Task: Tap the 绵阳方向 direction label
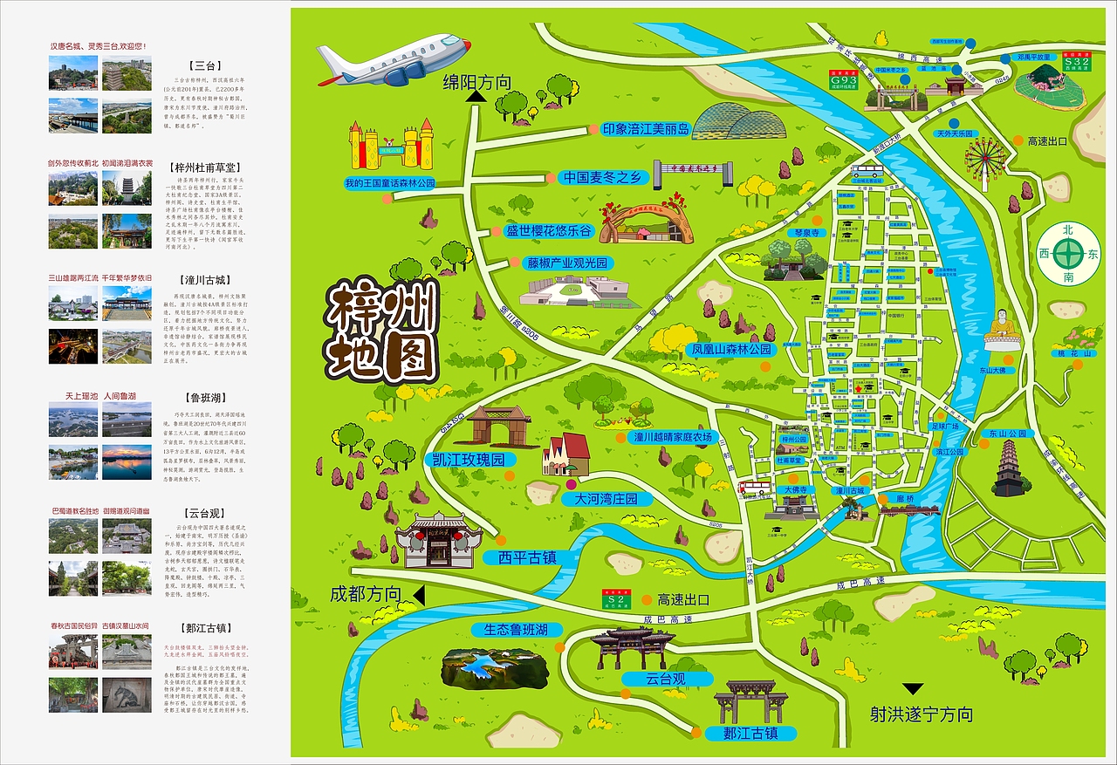click(476, 82)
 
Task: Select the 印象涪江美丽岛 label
click(646, 129)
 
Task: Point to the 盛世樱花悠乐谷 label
click(549, 231)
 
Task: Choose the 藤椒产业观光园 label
click(566, 263)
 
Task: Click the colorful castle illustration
click(392, 146)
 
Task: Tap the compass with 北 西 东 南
click(1069, 254)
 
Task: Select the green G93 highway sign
click(843, 79)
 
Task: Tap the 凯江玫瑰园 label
click(468, 459)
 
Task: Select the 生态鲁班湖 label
click(511, 629)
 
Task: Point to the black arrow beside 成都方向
click(418, 596)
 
